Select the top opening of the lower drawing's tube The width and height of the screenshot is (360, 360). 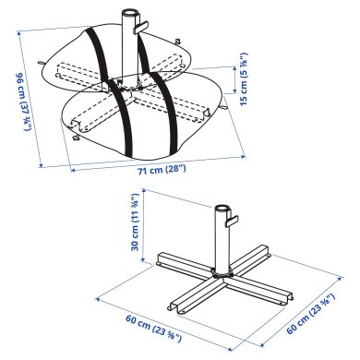(x=222, y=210)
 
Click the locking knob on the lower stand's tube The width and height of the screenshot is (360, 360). (x=233, y=221)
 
